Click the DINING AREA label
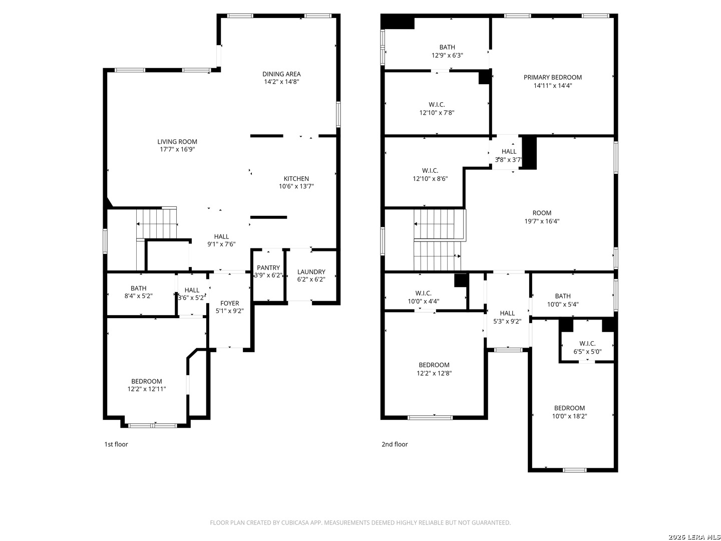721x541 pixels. pyautogui.click(x=281, y=74)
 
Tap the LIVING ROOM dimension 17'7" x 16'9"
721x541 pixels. pyautogui.click(x=177, y=149)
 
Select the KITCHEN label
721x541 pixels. pyautogui.click(x=296, y=178)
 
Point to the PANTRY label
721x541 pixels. pyautogui.click(x=268, y=267)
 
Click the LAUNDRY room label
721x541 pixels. pyautogui.click(x=311, y=272)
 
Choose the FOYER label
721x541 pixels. pyautogui.click(x=229, y=303)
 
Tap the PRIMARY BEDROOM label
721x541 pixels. pyautogui.click(x=552, y=77)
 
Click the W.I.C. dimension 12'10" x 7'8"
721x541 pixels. pyautogui.click(x=437, y=113)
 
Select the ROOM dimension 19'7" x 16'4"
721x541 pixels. pyautogui.click(x=541, y=221)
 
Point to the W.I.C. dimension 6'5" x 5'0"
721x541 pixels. pyautogui.click(x=587, y=352)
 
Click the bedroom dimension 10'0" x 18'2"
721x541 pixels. pyautogui.click(x=569, y=416)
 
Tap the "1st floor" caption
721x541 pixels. pyautogui.click(x=116, y=444)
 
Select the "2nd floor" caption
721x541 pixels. pyautogui.click(x=394, y=444)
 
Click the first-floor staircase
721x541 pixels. pyautogui.click(x=156, y=223)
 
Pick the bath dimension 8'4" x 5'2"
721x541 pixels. pyautogui.click(x=138, y=296)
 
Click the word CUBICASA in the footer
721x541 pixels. pyautogui.click(x=294, y=522)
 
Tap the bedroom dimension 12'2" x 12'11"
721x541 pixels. pyautogui.click(x=147, y=389)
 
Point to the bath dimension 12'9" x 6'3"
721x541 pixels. pyautogui.click(x=447, y=55)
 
